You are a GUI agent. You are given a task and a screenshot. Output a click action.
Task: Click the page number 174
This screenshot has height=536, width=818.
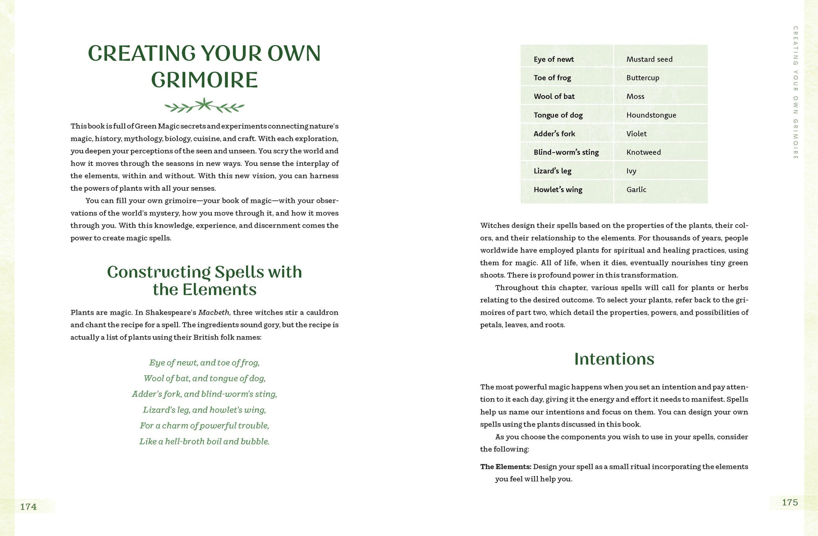coord(28,507)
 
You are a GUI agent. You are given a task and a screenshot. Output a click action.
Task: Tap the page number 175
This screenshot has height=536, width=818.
coord(790,502)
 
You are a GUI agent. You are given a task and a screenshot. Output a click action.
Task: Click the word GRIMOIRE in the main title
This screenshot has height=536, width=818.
coord(204,80)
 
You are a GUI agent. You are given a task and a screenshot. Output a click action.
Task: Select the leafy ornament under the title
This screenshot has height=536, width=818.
coord(204,106)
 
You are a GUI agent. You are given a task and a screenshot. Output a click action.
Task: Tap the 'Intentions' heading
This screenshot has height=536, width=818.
coord(614,359)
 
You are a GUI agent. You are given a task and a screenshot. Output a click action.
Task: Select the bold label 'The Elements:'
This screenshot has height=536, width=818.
coord(506,466)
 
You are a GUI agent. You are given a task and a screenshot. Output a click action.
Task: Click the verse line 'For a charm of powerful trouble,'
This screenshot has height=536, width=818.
coord(204,426)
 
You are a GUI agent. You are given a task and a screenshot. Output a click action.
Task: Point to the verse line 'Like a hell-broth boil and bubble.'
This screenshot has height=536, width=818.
coord(204,441)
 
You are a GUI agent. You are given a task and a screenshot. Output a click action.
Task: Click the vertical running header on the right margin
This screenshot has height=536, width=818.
coord(795,93)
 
